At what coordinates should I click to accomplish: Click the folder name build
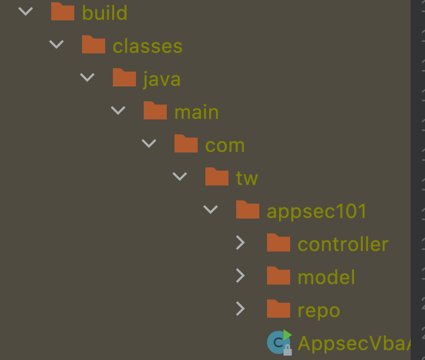(x=105, y=13)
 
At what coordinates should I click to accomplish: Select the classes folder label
(x=147, y=46)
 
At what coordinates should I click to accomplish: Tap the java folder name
(x=162, y=79)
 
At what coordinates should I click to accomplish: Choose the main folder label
(x=196, y=112)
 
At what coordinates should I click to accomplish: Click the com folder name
(x=225, y=145)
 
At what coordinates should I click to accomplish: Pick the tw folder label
(x=247, y=178)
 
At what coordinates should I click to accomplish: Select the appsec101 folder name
(x=317, y=211)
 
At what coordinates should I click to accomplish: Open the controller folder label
(x=343, y=244)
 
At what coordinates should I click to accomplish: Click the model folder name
(x=326, y=277)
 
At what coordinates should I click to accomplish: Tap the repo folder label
(x=318, y=310)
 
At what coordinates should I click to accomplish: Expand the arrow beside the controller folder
(x=240, y=243)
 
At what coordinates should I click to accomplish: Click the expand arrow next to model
(x=240, y=276)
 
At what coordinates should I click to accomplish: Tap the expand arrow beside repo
(x=240, y=309)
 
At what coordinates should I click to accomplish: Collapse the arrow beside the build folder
(x=25, y=12)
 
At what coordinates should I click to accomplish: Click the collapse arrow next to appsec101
(x=210, y=210)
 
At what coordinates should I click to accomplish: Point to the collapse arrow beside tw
(x=179, y=177)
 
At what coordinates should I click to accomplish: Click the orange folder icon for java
(x=124, y=78)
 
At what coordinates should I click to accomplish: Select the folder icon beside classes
(x=94, y=45)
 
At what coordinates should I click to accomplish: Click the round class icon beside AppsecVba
(x=279, y=342)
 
